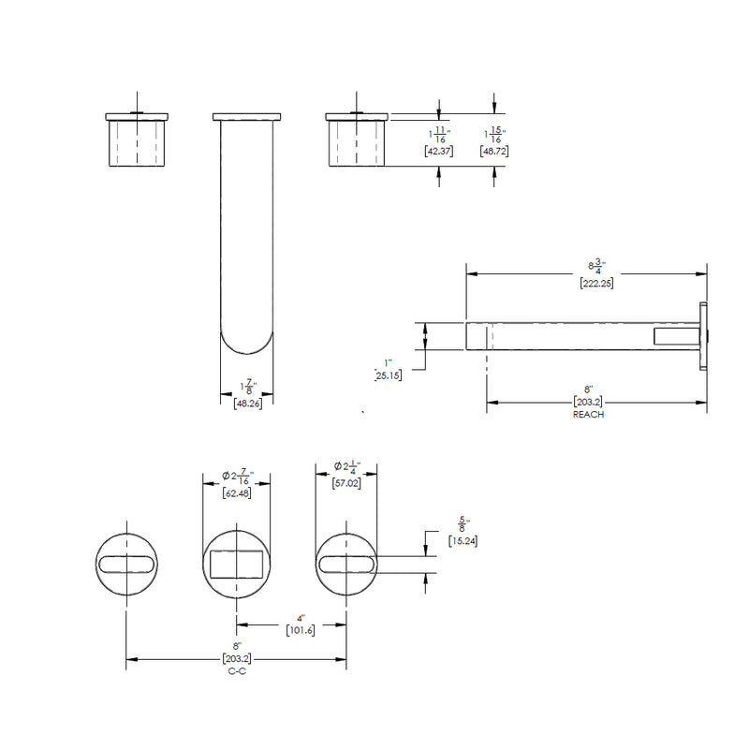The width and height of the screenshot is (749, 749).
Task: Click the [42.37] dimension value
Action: point(439,151)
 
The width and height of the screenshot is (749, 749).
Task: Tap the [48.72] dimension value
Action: point(493,151)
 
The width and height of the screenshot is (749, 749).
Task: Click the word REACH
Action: point(588,414)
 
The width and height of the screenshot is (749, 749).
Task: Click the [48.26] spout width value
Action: point(247,404)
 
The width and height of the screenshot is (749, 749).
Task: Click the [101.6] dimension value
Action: point(300,630)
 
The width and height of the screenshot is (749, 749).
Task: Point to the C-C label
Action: point(237,671)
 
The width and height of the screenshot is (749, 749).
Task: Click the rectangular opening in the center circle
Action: point(238,564)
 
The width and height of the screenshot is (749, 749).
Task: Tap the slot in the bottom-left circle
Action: point(126,563)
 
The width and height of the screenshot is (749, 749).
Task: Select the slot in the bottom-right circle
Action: point(346,563)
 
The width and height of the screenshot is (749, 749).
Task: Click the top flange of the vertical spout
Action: point(246,117)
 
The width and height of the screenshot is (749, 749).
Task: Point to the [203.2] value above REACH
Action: point(588,402)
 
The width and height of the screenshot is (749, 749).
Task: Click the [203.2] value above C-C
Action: point(237,658)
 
